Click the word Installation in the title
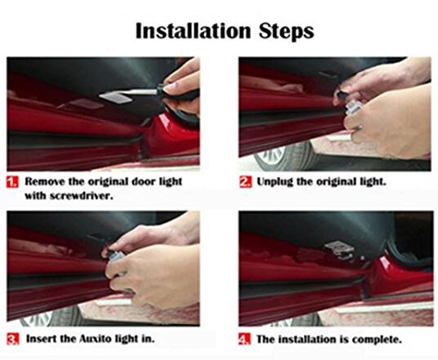[193, 31]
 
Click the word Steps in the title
[286, 32]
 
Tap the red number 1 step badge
[12, 181]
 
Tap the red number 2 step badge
[245, 181]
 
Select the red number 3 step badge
[13, 339]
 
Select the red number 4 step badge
[244, 339]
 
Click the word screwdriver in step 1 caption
[81, 195]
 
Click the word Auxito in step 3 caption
[95, 339]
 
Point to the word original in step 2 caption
[335, 182]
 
